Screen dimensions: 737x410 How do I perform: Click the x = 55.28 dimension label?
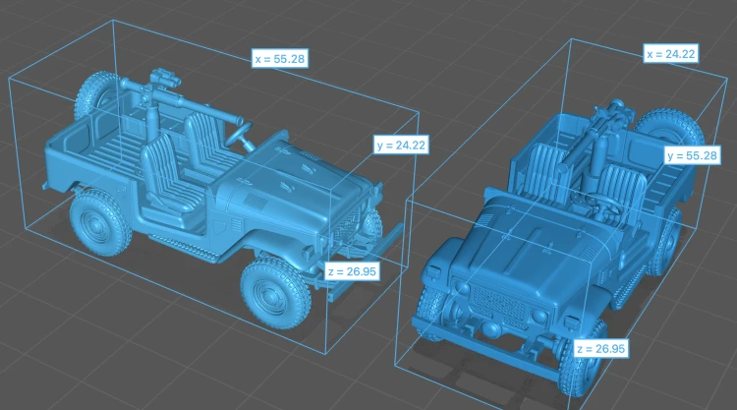pyautogui.click(x=280, y=59)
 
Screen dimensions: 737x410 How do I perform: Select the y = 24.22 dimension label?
pyautogui.click(x=401, y=146)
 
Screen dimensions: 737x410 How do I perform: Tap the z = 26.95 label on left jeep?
pyautogui.click(x=352, y=271)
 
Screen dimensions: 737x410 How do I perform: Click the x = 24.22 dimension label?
pyautogui.click(x=671, y=54)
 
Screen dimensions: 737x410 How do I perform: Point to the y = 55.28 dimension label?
pyautogui.click(x=693, y=155)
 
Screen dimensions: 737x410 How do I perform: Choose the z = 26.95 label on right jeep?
pyautogui.click(x=601, y=349)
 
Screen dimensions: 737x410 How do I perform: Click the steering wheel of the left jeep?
pyautogui.click(x=239, y=135)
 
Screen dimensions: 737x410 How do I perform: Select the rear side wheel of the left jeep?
pyautogui.click(x=99, y=223)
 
